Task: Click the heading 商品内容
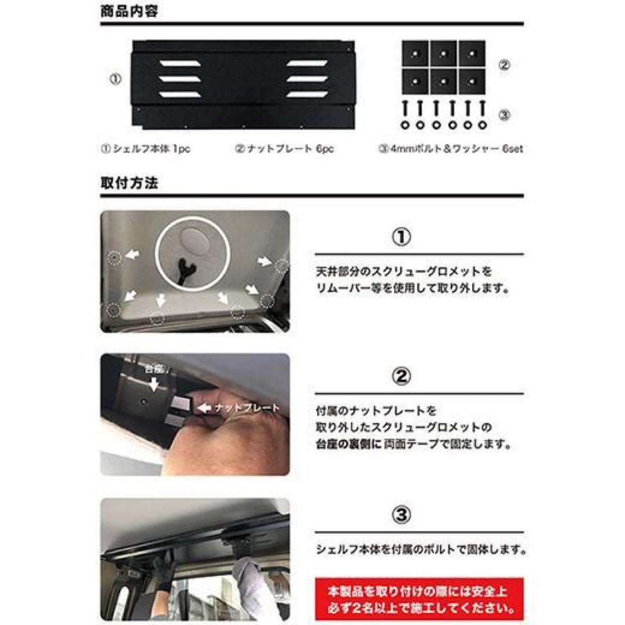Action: click(x=129, y=12)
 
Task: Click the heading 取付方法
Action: click(x=129, y=183)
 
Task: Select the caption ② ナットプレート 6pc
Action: click(x=284, y=149)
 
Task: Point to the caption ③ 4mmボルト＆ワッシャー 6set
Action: click(x=451, y=149)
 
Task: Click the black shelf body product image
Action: click(x=243, y=84)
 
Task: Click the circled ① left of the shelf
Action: click(x=115, y=80)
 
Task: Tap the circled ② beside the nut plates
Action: click(x=504, y=65)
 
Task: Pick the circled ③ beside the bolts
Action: click(x=504, y=115)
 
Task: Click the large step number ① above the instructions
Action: click(x=402, y=237)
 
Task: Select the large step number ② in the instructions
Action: click(x=402, y=377)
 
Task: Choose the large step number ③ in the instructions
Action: click(x=402, y=515)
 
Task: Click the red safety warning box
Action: click(x=419, y=600)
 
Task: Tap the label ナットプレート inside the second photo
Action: click(x=247, y=408)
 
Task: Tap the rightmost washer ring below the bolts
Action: click(x=481, y=124)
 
